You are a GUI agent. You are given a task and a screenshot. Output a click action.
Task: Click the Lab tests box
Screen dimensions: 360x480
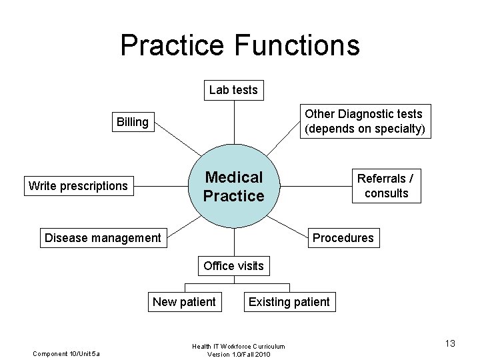point(233,89)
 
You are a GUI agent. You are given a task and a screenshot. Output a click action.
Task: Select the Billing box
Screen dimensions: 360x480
point(132,121)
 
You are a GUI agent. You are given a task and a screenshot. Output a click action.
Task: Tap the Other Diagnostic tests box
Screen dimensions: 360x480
point(363,121)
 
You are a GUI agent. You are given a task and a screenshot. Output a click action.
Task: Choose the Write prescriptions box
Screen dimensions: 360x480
point(78,185)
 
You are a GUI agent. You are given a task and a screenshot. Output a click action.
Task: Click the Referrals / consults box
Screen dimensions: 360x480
point(386,186)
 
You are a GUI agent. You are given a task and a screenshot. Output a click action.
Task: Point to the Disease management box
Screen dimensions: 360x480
point(102,237)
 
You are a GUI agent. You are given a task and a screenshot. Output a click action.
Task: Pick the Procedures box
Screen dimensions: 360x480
point(343,237)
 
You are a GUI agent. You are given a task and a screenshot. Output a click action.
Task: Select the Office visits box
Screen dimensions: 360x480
point(233,265)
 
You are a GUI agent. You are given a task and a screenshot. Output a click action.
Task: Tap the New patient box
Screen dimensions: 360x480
point(184,301)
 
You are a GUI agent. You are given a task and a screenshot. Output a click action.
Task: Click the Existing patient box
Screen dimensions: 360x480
point(289,301)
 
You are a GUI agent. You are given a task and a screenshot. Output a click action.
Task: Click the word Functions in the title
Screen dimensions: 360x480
point(297,45)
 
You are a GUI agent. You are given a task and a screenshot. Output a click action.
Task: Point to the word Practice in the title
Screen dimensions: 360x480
point(172,45)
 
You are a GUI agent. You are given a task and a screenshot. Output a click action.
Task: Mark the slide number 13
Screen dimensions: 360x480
point(450,343)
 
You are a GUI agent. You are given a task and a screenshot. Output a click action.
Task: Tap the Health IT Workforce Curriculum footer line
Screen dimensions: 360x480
point(238,346)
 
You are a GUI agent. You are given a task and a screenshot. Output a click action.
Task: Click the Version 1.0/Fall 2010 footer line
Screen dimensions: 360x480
point(238,353)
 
